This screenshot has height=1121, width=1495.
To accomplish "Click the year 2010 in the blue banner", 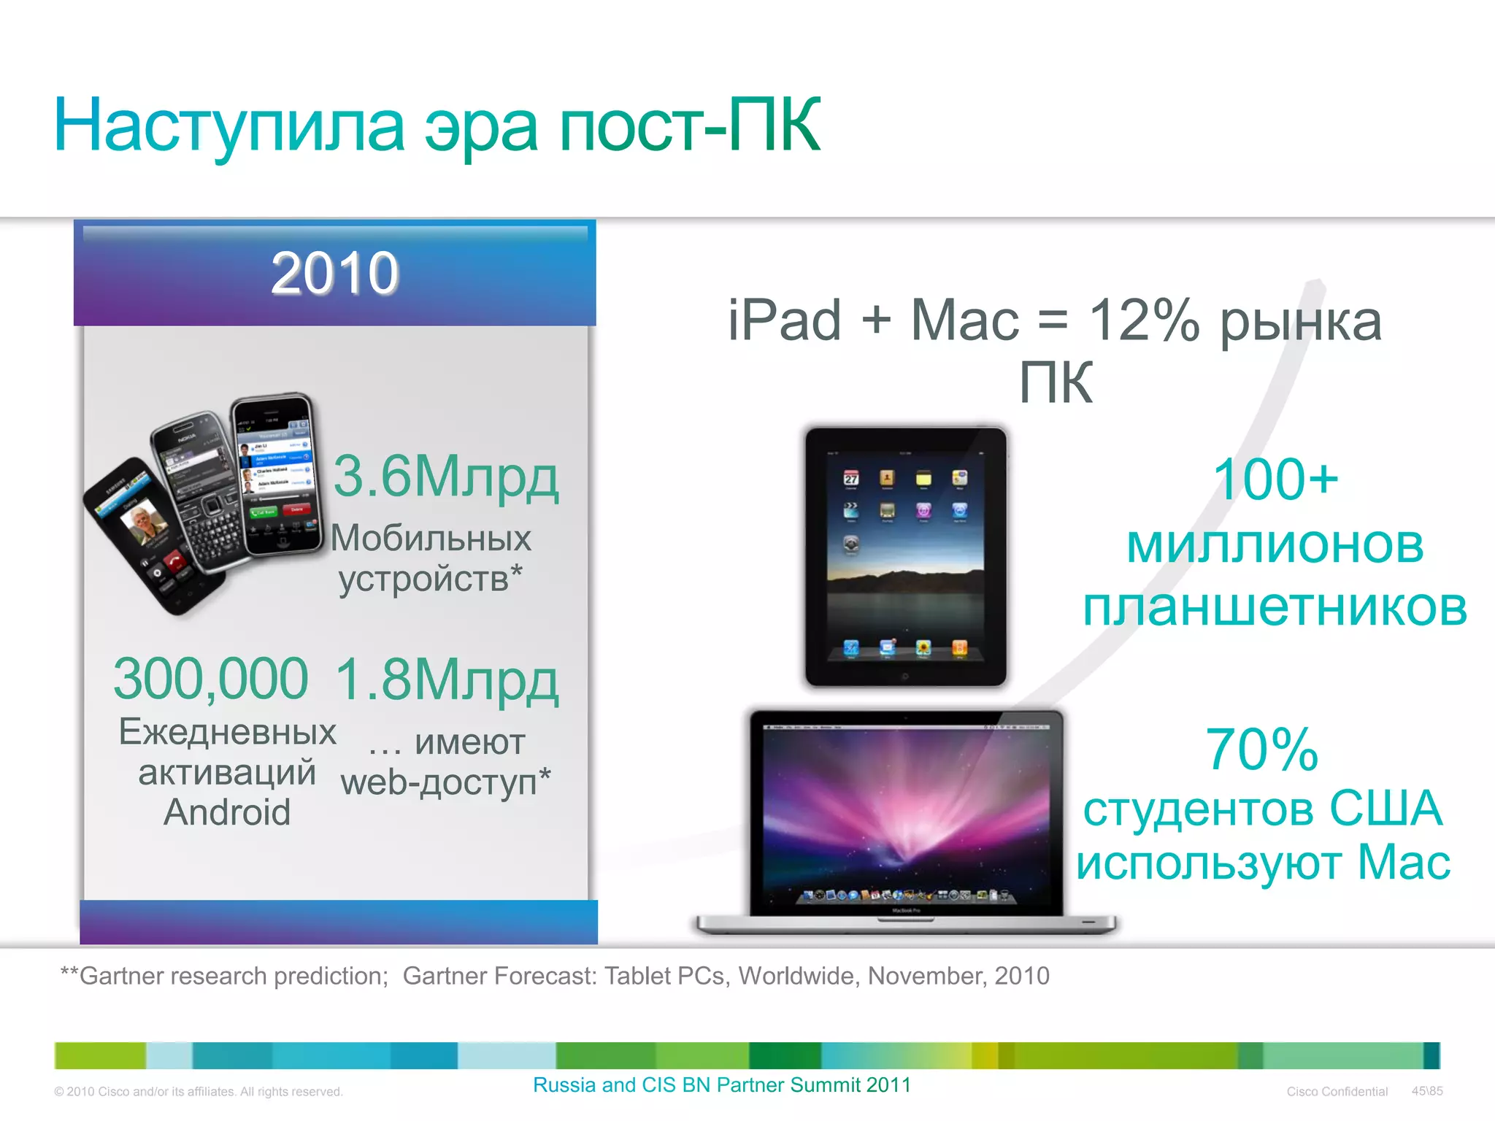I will (x=335, y=273).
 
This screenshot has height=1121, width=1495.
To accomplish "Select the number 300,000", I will (x=211, y=679).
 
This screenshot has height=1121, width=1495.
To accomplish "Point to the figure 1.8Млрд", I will (x=447, y=680).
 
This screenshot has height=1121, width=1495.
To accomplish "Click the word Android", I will (x=227, y=812).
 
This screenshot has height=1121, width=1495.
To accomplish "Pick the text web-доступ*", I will (x=445, y=782).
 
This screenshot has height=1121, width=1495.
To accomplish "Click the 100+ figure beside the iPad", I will (x=1275, y=479).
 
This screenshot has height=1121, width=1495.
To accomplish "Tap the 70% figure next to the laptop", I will (x=1261, y=750).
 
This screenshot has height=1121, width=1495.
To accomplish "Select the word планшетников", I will (x=1275, y=607).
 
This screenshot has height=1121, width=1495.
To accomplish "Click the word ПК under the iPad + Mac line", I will (x=1056, y=382).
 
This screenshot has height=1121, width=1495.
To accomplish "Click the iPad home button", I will (x=905, y=677).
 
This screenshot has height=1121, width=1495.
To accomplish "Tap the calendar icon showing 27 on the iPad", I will (x=851, y=478).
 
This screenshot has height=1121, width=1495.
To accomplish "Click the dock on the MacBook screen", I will (x=905, y=895).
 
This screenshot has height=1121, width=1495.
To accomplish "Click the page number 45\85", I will (x=1427, y=1091).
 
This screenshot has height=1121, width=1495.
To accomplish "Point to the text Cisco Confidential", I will (x=1337, y=1092).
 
